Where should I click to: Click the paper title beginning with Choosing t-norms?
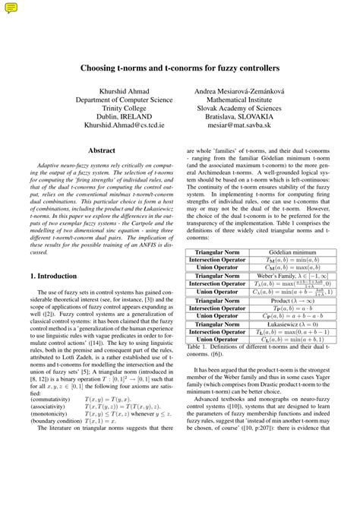coord(180,68)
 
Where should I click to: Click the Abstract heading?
coord(102,150)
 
